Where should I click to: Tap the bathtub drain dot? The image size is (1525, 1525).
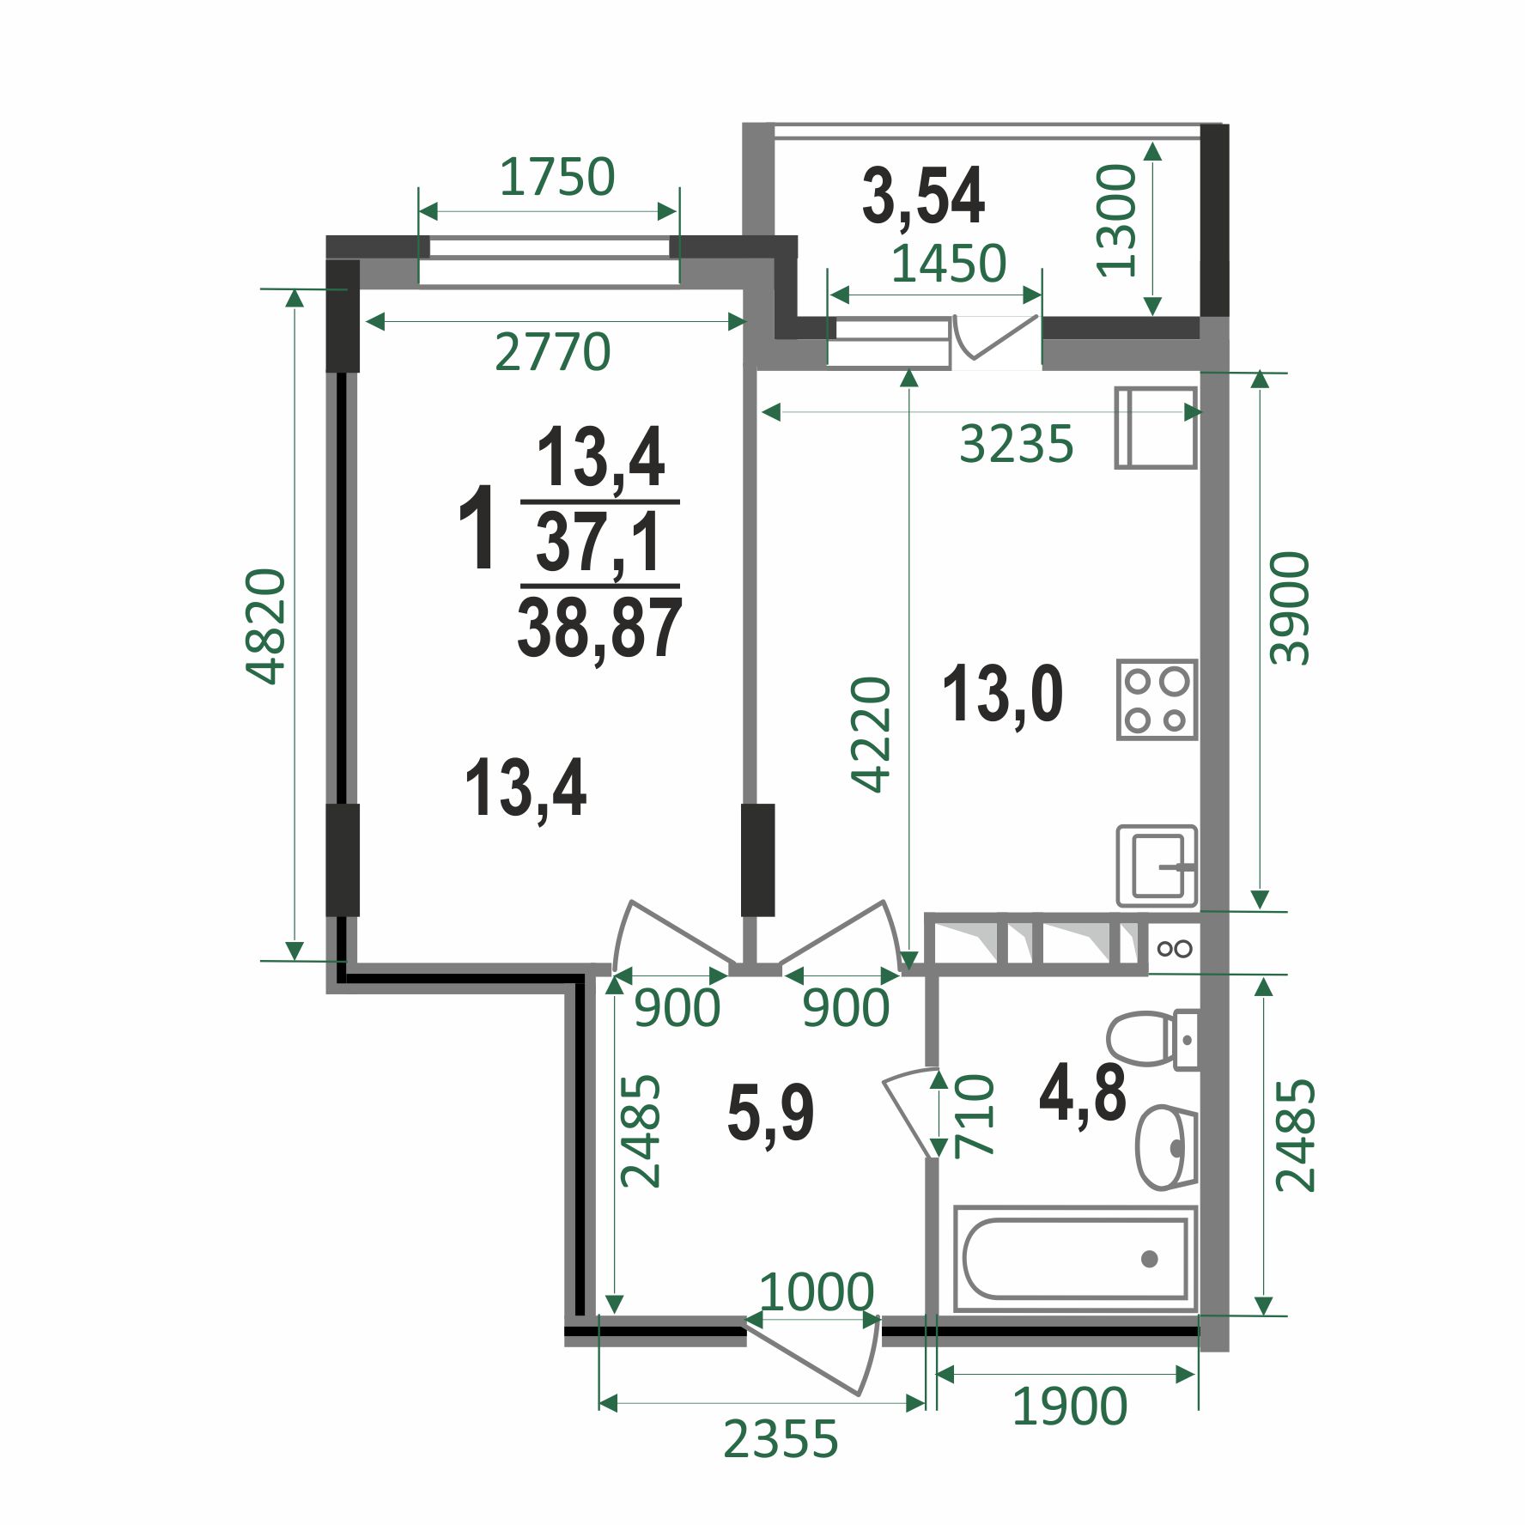tap(1149, 1260)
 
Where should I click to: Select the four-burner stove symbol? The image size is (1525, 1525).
tap(1157, 700)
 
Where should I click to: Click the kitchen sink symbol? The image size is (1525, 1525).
tap(1157, 866)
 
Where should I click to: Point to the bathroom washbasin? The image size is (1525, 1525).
tap(1165, 1147)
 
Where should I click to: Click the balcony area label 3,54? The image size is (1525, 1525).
tap(923, 197)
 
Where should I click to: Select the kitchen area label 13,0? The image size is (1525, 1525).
tap(1002, 695)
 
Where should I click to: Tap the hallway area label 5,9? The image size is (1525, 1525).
tap(770, 1114)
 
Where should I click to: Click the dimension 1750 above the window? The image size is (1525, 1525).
tap(557, 177)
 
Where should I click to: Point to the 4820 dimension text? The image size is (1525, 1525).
tap(265, 626)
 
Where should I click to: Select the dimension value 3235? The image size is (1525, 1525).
tap(1016, 444)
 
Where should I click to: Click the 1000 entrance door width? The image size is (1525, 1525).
tap(817, 1291)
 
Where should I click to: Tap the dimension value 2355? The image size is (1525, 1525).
tap(780, 1439)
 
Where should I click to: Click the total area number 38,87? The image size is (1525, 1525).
tap(599, 629)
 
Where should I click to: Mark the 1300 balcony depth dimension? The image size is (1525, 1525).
tap(1117, 221)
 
